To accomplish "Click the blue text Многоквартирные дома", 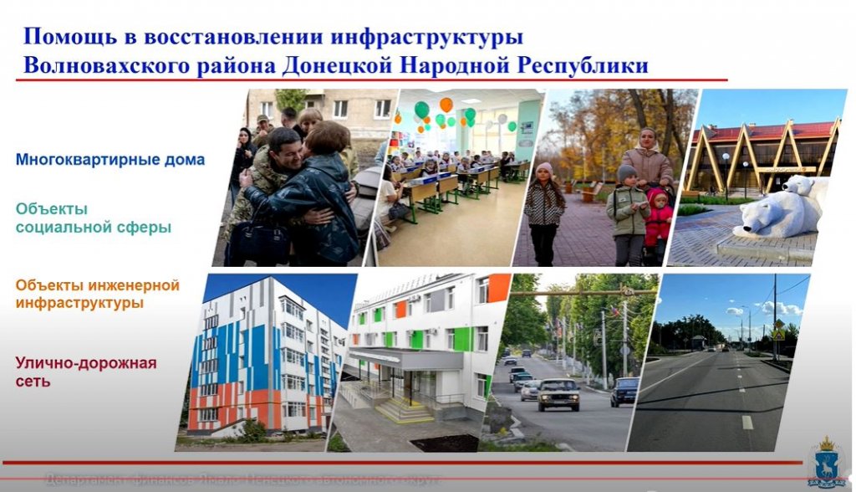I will (110, 159).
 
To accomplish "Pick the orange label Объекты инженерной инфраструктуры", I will (97, 295).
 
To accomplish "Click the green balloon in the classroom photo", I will (421, 110).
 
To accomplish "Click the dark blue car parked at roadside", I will (624, 391).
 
